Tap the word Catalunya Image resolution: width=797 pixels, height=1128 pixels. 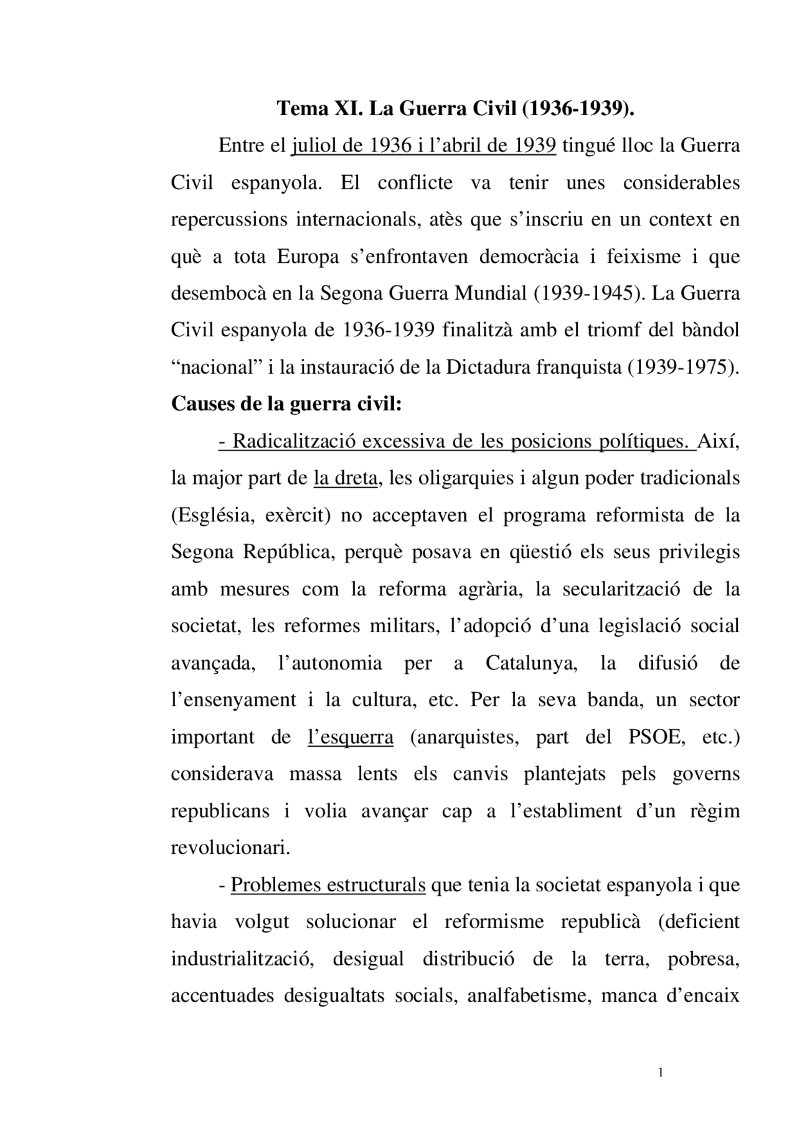click(x=531, y=663)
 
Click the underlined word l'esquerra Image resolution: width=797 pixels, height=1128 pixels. click(x=351, y=737)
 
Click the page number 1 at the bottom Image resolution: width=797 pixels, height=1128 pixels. click(x=661, y=1073)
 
